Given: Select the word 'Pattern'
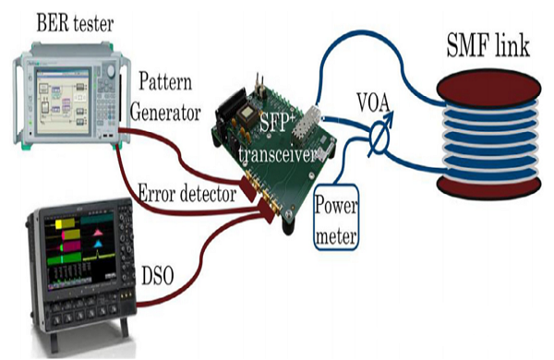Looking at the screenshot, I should click(169, 84).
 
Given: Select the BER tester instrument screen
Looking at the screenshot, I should click(58, 93).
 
